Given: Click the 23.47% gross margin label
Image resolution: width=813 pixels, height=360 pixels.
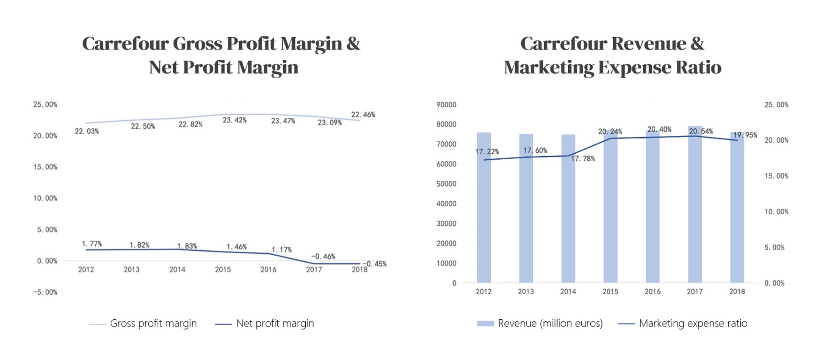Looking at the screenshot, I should point(283,121).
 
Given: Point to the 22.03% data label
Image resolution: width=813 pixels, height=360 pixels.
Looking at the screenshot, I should point(87,132).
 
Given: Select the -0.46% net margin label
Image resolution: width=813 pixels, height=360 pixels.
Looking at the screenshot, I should point(323,257).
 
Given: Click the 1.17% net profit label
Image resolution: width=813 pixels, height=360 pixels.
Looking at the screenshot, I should point(282,250).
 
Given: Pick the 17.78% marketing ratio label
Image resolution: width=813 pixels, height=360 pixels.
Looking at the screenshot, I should point(583,159).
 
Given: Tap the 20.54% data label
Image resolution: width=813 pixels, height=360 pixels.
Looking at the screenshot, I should point(701,131).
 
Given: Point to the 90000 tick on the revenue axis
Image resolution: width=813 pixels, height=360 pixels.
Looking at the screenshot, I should point(446,105).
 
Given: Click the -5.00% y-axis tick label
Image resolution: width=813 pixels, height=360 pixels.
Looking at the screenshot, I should point(45,292).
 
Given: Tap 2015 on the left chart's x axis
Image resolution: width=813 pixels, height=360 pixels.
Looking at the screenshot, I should point(223,270).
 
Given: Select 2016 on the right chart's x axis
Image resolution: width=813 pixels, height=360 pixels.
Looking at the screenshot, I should point(653,292).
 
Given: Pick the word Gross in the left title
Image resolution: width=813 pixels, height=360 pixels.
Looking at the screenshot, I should point(197,44).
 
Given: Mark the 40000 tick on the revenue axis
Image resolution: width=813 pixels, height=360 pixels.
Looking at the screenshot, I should point(446,204).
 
